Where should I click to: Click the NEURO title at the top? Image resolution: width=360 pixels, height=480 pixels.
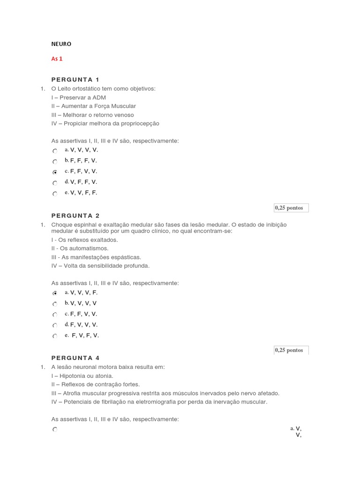(61, 44)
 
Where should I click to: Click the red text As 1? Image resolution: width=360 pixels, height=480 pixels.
(57, 59)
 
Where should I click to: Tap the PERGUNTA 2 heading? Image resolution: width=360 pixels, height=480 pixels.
(75, 216)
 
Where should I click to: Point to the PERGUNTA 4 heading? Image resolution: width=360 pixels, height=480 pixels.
(75, 358)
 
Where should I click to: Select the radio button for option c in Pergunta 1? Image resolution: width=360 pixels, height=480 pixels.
(55, 172)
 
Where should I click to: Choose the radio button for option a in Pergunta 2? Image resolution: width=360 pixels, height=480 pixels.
(55, 293)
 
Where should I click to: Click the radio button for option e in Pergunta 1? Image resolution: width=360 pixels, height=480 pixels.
(55, 194)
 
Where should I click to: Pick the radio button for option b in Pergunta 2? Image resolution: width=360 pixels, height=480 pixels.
(55, 304)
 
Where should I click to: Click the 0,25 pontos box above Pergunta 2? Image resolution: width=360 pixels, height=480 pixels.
(291, 208)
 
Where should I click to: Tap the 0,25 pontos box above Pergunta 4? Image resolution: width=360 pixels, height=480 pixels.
(291, 350)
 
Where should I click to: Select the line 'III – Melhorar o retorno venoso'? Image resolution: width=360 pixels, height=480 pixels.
(92, 115)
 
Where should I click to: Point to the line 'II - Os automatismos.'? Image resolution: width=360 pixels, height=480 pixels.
(80, 248)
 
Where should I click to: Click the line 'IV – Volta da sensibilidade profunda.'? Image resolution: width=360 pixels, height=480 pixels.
(100, 266)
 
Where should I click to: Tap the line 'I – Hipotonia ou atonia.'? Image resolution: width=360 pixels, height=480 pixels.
(82, 376)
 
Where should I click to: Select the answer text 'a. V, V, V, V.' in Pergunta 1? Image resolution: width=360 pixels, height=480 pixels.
(82, 150)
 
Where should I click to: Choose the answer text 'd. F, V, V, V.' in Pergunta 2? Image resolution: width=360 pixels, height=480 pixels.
(82, 324)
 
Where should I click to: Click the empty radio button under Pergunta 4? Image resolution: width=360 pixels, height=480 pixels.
(55, 429)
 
